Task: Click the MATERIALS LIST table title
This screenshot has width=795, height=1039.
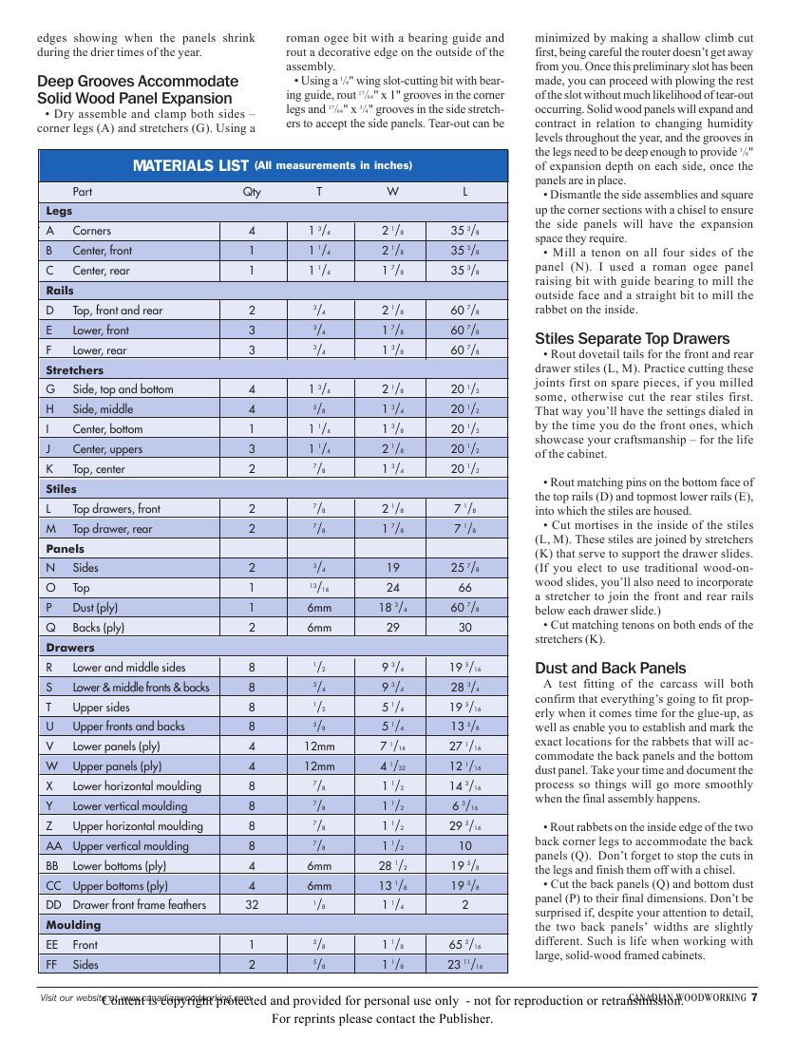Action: coord(191,166)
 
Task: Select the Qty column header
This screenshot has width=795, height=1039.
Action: coord(252,192)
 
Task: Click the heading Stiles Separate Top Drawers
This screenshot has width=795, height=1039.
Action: coord(632,339)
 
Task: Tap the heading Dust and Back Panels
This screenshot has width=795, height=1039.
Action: coord(610,668)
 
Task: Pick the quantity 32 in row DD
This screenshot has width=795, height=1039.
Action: coord(252,905)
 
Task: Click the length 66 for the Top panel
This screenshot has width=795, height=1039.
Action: coord(465,588)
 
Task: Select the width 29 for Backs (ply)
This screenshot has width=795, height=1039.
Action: coord(392,628)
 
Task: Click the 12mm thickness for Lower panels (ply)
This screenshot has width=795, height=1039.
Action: coord(319,746)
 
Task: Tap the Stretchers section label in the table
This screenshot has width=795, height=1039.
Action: coord(75,370)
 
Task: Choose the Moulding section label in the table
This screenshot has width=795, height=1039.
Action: coord(73,925)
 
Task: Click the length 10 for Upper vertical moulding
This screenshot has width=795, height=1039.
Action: coord(465,846)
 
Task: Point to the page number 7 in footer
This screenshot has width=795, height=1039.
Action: coord(753,997)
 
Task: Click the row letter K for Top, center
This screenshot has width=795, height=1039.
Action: coord(49,469)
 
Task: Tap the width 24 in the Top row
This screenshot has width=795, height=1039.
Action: coord(392,588)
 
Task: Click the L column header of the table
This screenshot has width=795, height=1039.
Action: coord(465,192)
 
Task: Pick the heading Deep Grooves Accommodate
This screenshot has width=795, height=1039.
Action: coord(138,82)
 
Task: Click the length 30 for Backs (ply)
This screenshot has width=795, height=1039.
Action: coord(465,628)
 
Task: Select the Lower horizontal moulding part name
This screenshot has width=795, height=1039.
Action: coord(138,786)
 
